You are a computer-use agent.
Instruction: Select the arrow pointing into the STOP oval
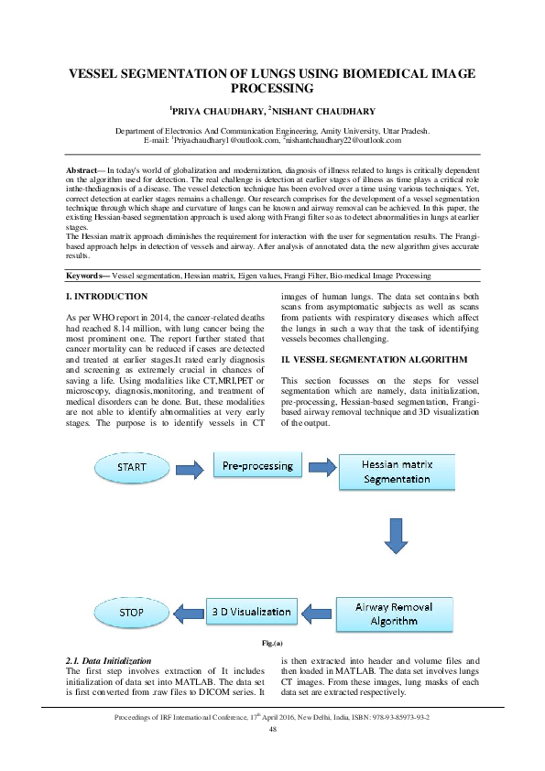point(186,611)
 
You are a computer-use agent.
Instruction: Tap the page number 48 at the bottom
point(272,729)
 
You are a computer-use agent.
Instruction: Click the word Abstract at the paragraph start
point(84,171)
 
